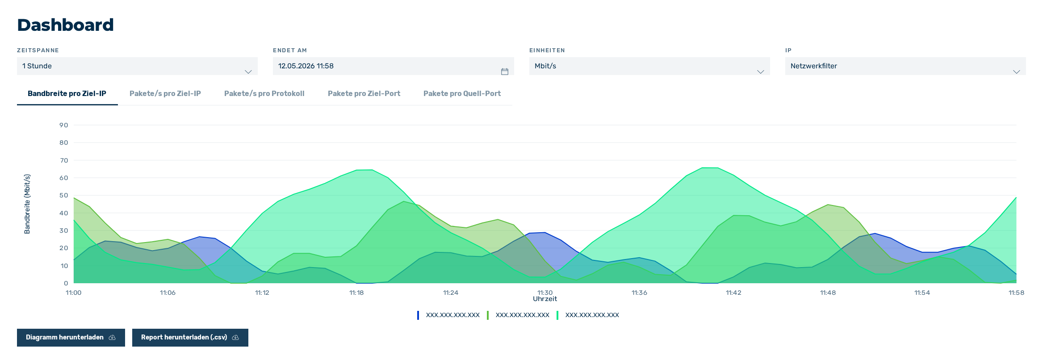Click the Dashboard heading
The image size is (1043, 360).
pos(65,25)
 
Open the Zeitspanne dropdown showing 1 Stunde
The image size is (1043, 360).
pos(137,66)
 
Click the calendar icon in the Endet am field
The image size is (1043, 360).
pos(505,71)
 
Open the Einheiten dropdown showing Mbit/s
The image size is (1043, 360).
pos(649,66)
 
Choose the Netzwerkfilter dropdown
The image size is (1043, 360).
pos(905,66)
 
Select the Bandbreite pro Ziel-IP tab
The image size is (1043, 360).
pos(67,93)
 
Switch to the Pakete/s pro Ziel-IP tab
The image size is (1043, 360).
pos(165,93)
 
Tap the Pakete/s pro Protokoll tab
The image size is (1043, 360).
pos(264,93)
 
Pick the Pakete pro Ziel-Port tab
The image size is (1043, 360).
pos(364,93)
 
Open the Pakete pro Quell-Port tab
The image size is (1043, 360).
pos(462,93)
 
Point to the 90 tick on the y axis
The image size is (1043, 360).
pos(64,125)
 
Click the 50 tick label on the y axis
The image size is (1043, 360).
pos(64,195)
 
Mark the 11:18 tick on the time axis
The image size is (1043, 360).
pos(356,293)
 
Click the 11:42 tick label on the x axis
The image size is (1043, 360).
pos(733,293)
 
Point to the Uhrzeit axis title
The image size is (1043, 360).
pos(545,299)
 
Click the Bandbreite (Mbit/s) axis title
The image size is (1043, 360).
pos(27,204)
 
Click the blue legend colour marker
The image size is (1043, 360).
pos(418,315)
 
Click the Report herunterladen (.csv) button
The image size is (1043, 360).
pos(190,338)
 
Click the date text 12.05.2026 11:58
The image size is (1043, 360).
pos(306,66)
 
